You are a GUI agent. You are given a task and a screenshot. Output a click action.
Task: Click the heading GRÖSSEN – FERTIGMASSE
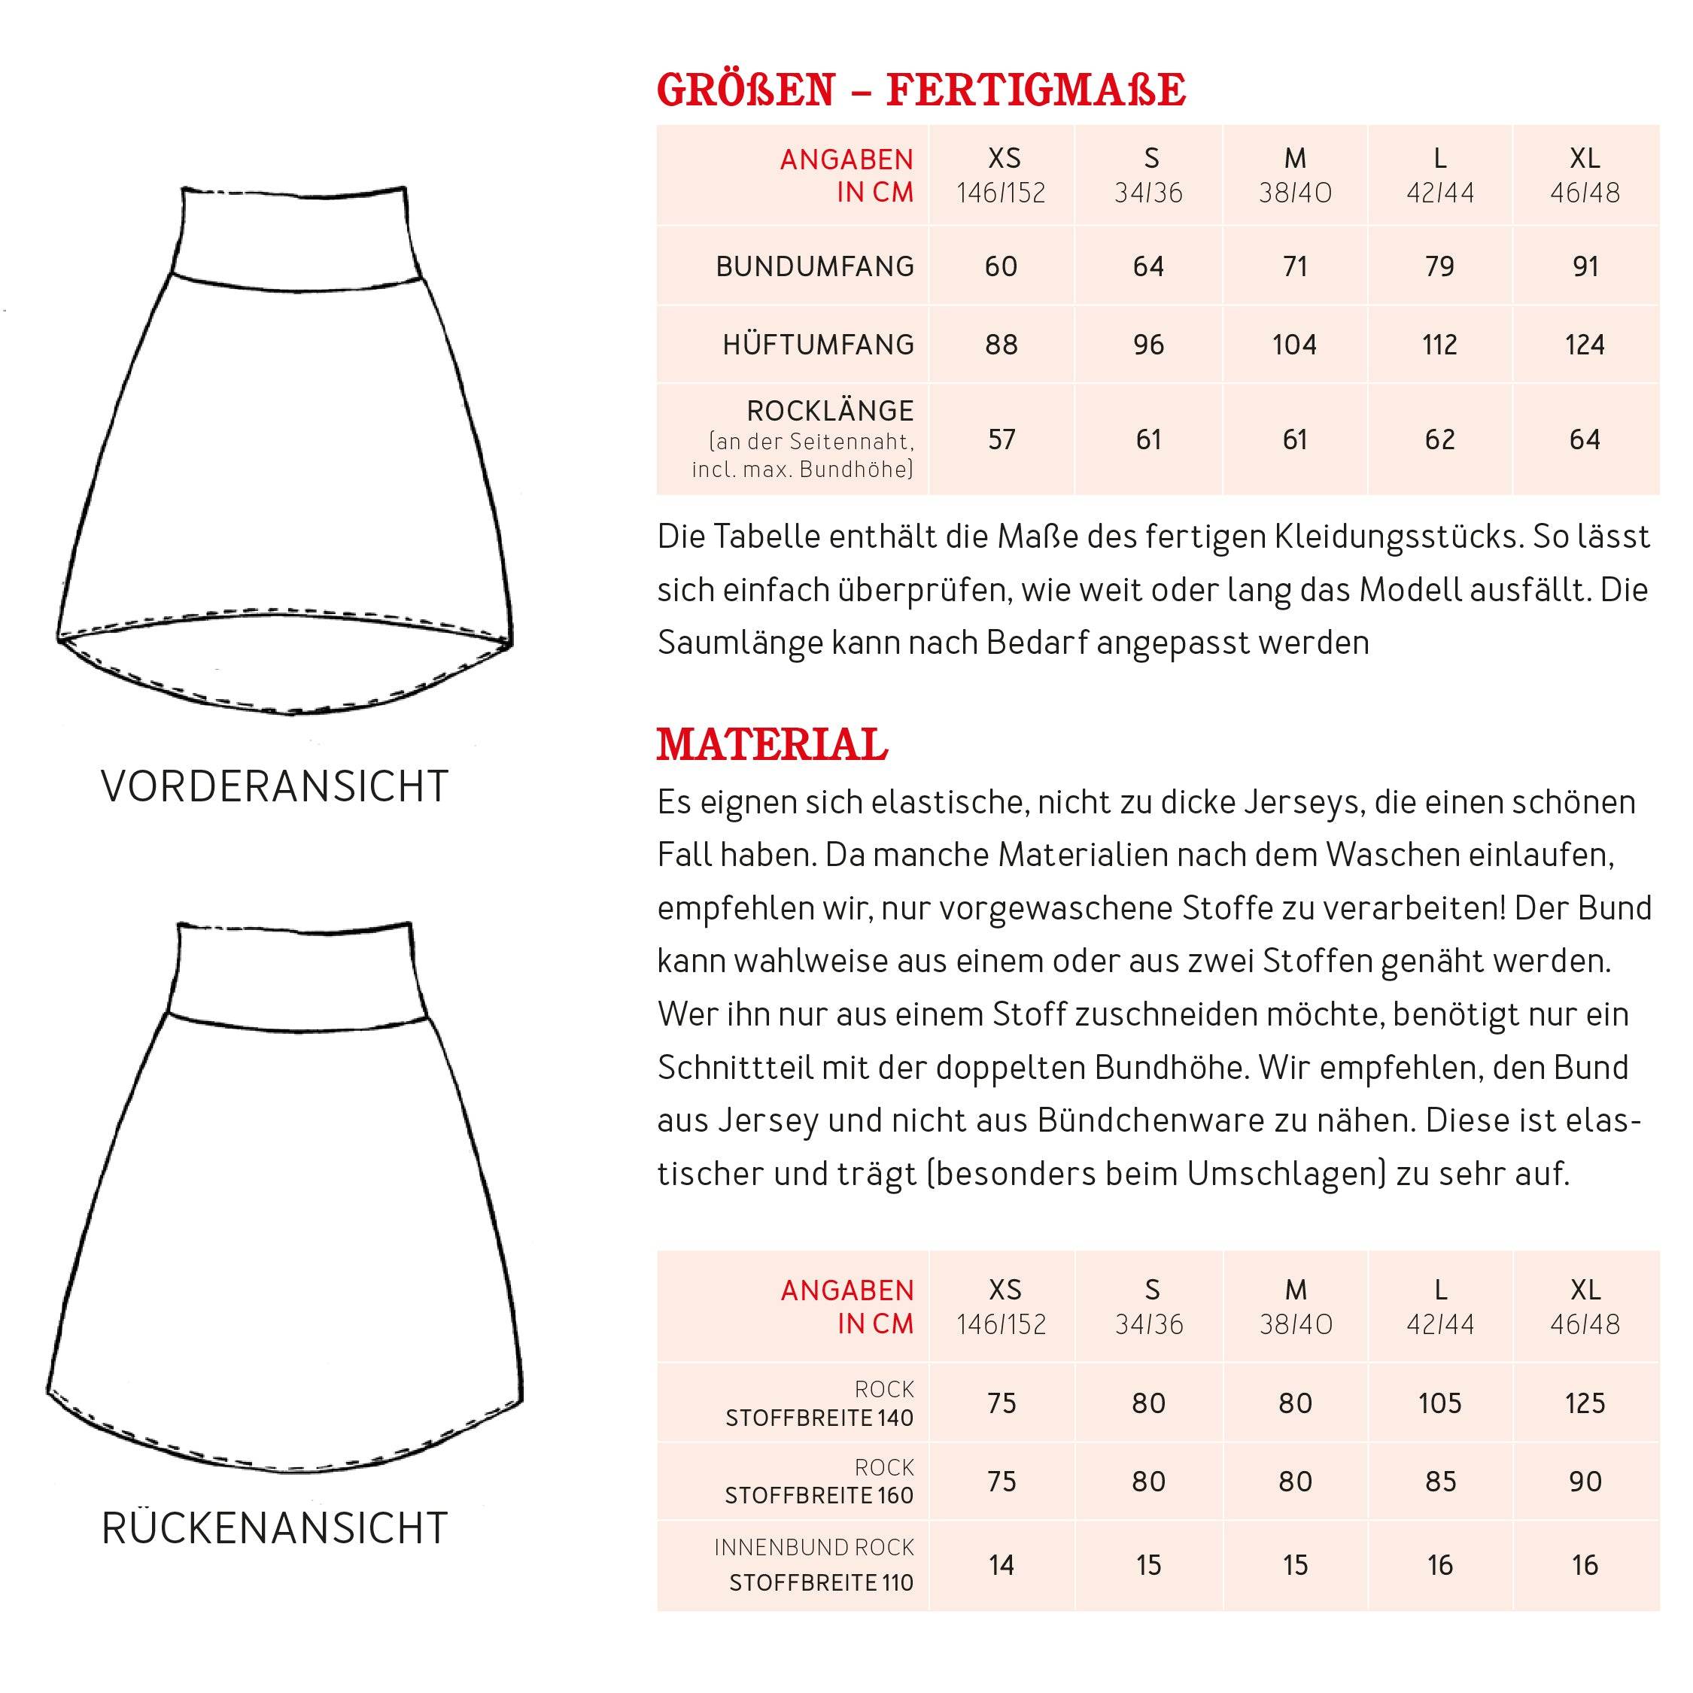pos(921,90)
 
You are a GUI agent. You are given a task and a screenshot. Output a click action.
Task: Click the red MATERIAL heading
pos(772,745)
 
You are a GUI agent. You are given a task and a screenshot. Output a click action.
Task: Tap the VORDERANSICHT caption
pos(275,786)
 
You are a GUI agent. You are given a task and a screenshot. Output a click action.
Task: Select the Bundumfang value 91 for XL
pos(1585,266)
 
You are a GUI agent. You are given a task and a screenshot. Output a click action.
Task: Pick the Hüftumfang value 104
pos(1294,345)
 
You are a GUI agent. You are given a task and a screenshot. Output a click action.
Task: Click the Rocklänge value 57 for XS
pos(1002,439)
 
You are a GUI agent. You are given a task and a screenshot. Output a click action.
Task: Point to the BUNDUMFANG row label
pos(815,266)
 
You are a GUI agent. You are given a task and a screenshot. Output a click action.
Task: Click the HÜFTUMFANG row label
pos(819,345)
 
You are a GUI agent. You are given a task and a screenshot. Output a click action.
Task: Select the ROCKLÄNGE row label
pos(830,411)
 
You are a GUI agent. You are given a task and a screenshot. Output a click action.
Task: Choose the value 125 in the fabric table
pos(1585,1403)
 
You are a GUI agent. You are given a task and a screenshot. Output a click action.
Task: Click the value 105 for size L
pos(1439,1403)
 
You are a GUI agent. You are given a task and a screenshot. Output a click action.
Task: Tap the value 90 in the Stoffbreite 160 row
pos(1585,1481)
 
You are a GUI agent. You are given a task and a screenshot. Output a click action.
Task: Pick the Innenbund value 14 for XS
pos(1002,1565)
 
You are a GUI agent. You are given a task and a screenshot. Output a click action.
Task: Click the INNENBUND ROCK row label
pos(814,1548)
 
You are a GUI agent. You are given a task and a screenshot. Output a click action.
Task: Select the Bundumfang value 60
pos(1002,266)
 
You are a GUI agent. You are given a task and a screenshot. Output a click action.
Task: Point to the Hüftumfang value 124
pos(1585,345)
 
